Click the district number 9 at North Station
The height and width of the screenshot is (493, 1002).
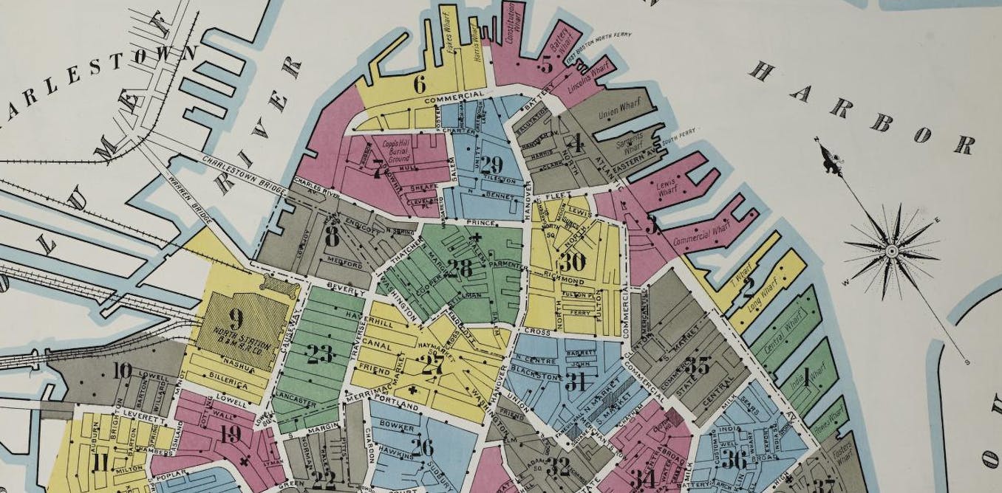point(236,320)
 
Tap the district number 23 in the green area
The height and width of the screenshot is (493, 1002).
point(320,354)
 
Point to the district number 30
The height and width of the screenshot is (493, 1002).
point(573,262)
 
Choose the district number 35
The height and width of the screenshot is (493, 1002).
point(697,365)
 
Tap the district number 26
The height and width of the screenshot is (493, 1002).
point(422,447)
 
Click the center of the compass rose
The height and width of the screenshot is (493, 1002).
point(891,251)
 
